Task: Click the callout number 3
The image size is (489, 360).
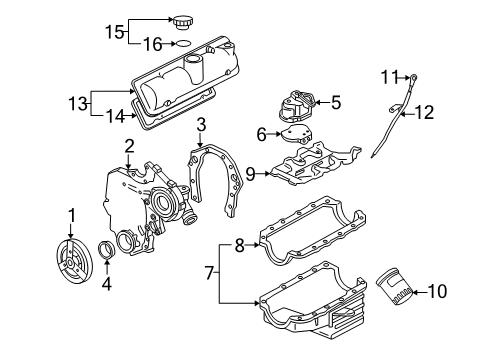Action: click(201, 124)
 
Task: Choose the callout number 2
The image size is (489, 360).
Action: click(129, 147)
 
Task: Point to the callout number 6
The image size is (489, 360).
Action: click(263, 133)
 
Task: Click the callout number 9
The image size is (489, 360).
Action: click(253, 172)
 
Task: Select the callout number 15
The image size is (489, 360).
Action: click(114, 30)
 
